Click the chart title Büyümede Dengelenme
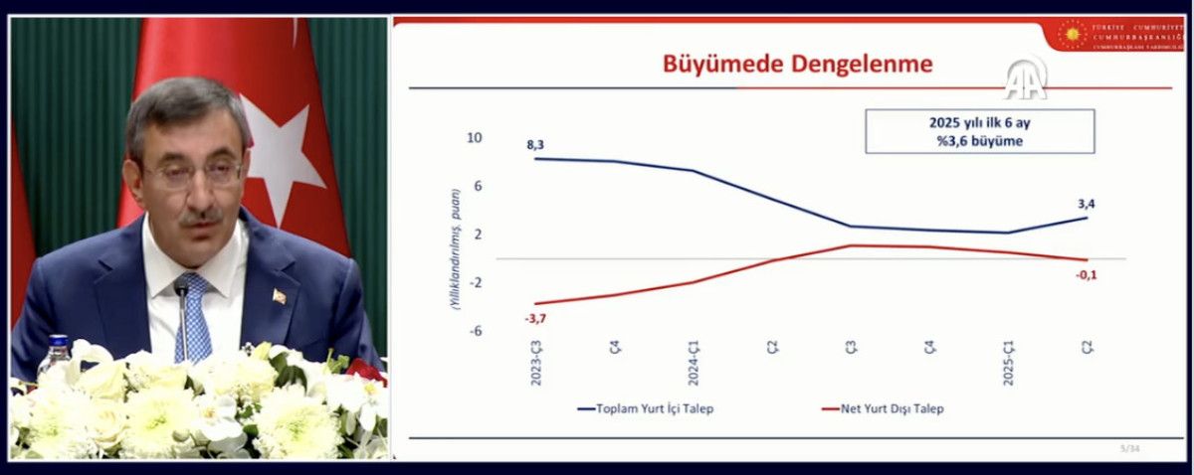click(x=797, y=65)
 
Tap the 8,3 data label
click(x=535, y=145)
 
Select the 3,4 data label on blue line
click(x=1086, y=205)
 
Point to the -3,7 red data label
click(x=535, y=318)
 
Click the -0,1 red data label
click(x=1087, y=274)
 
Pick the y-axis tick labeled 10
click(x=475, y=138)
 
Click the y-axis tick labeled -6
click(x=476, y=331)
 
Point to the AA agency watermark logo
click(x=1024, y=79)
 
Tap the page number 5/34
click(x=1129, y=448)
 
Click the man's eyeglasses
click(x=192, y=173)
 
